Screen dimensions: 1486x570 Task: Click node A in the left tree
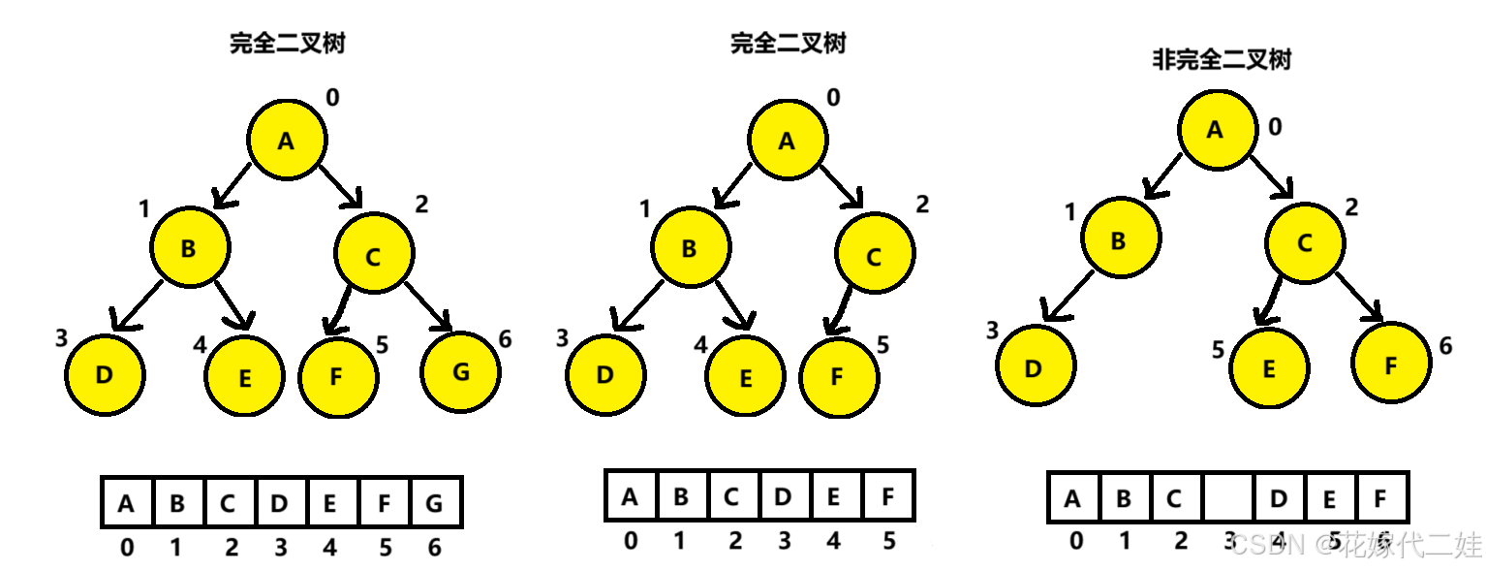point(287,140)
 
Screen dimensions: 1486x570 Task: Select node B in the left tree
point(190,247)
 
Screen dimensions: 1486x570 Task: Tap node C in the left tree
point(374,253)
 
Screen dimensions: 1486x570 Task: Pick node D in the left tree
point(105,375)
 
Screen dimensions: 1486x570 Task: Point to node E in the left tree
point(244,376)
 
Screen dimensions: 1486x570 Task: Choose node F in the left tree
point(338,378)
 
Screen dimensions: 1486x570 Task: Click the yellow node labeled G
point(460,372)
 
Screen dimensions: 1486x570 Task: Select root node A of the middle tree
point(788,140)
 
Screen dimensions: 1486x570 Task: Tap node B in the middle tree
point(691,247)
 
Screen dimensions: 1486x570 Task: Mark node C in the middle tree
point(875,253)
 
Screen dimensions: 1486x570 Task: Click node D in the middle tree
point(605,375)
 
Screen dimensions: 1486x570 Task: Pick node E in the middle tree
point(745,376)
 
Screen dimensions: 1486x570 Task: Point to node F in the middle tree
point(839,378)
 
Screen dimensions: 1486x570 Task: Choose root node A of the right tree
point(1218,130)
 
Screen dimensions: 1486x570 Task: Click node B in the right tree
point(1121,237)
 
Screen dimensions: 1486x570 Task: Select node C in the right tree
point(1305,243)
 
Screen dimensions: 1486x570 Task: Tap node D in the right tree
point(1036,365)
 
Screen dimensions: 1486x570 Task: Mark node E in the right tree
point(1269,368)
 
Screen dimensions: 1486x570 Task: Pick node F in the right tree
point(1391,363)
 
